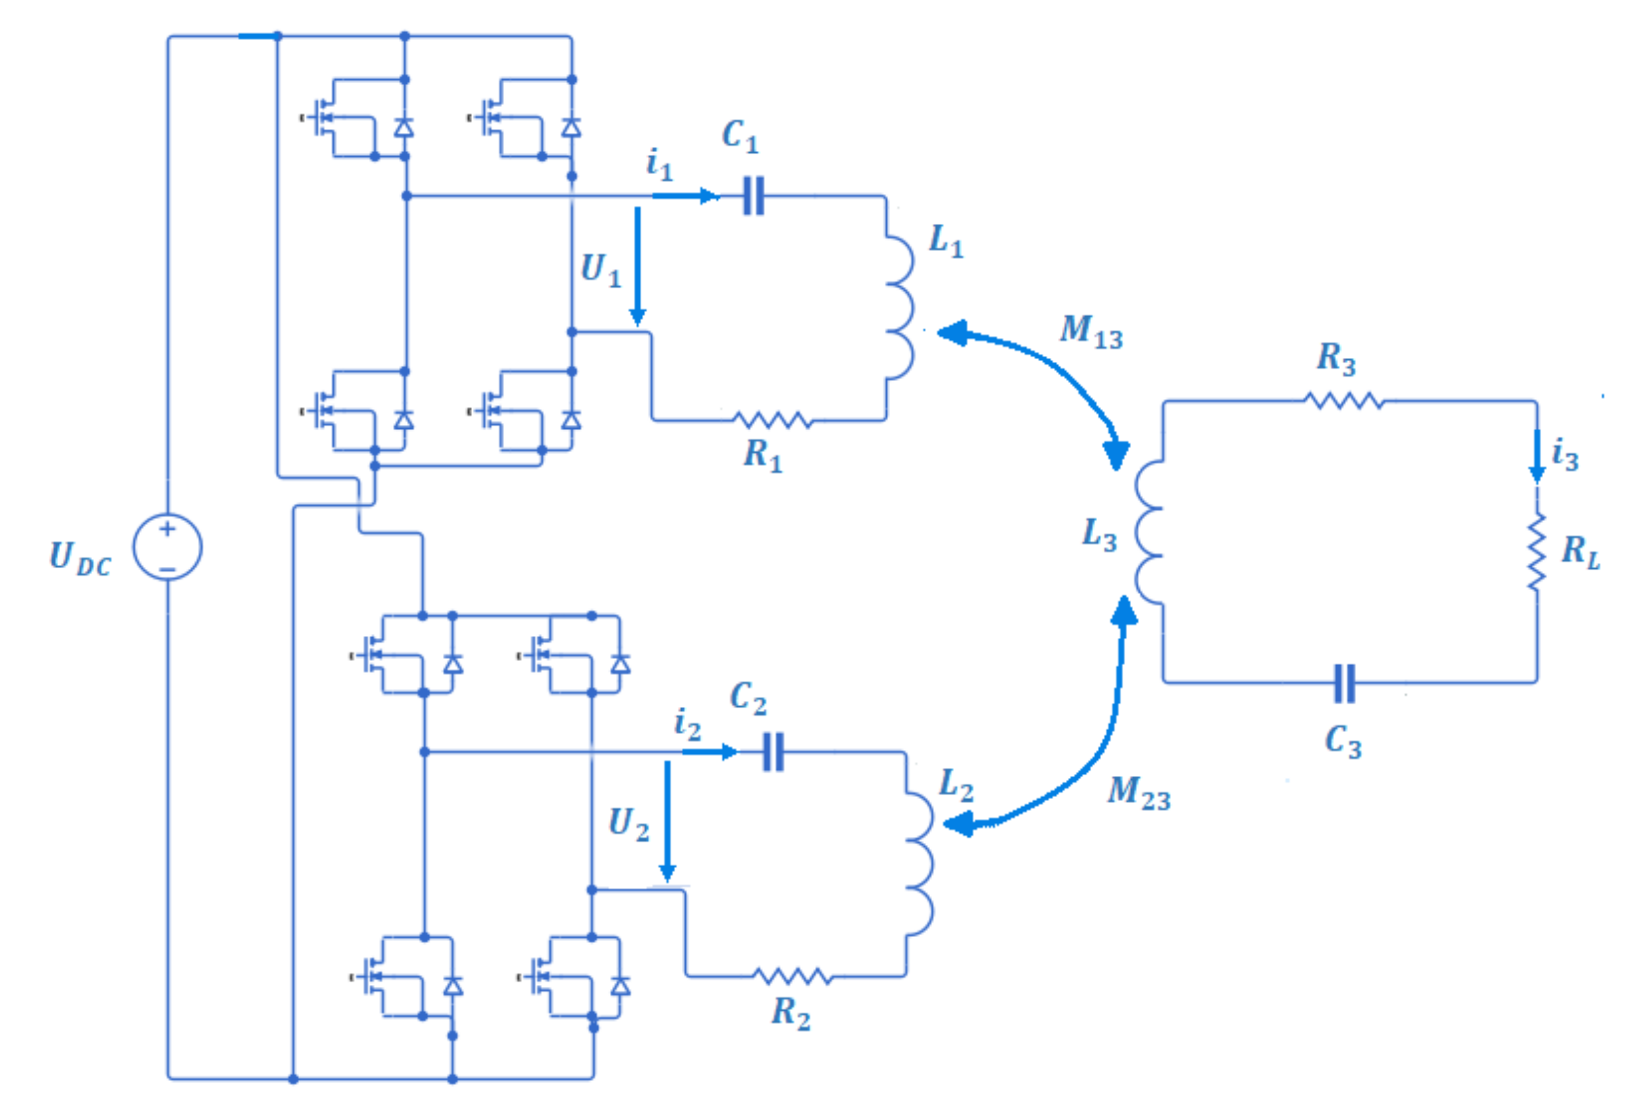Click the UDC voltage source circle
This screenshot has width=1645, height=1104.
(x=168, y=547)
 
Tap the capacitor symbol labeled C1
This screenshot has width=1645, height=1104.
(x=753, y=195)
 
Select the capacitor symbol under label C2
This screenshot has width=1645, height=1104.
(x=773, y=752)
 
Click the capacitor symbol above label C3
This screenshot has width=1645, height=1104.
(x=1345, y=683)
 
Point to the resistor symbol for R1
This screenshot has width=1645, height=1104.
(x=772, y=420)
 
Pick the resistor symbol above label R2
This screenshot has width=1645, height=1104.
(x=793, y=976)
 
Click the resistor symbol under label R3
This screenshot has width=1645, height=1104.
(x=1345, y=401)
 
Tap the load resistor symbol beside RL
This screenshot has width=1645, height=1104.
(x=1537, y=551)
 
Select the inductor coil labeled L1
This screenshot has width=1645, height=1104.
(x=899, y=308)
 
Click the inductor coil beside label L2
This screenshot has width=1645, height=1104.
(x=919, y=864)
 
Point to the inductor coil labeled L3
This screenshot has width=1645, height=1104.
(x=1148, y=532)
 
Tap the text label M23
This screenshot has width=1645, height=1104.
(x=1138, y=793)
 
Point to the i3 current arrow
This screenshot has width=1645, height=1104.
(x=1537, y=456)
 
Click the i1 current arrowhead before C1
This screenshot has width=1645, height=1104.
(x=708, y=195)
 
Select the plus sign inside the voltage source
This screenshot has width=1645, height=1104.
(x=167, y=529)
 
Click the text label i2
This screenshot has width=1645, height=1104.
(x=687, y=725)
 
